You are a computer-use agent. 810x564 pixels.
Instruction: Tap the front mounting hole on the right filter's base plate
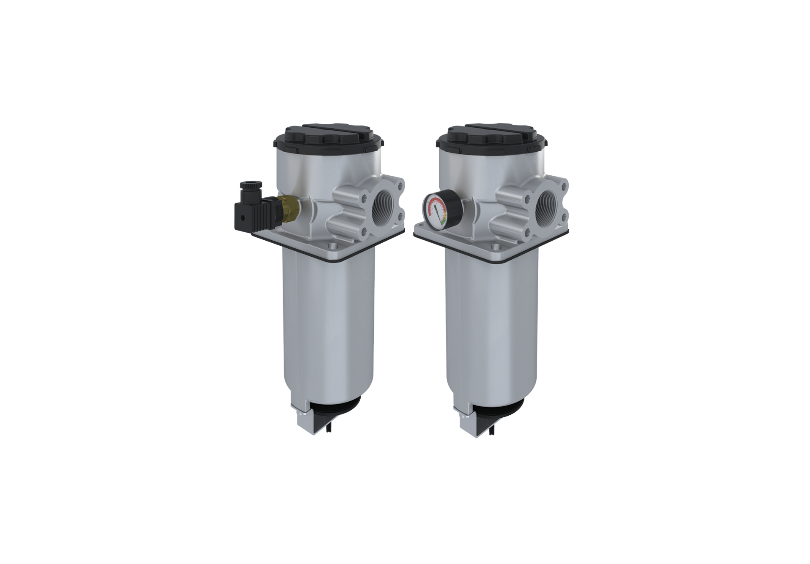496,247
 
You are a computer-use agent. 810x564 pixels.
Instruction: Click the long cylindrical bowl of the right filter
491,329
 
